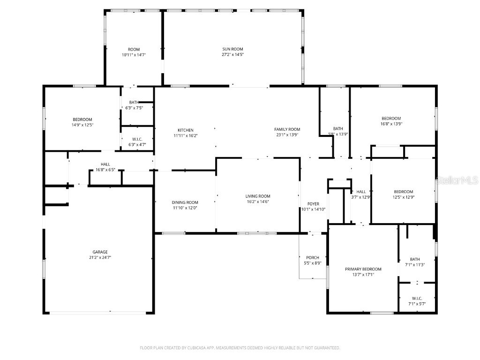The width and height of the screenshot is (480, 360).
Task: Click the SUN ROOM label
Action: (232, 49)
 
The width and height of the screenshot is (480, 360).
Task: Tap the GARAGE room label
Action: (100, 252)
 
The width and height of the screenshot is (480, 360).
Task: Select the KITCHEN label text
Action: (185, 130)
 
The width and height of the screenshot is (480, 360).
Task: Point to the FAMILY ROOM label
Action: (287, 129)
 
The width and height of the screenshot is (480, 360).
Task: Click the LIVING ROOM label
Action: (258, 196)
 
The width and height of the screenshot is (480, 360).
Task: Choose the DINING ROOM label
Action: (185, 202)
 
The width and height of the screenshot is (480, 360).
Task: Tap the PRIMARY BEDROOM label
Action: (363, 269)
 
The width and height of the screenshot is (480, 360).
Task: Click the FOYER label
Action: (313, 204)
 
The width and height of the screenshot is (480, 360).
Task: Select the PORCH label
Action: (313, 258)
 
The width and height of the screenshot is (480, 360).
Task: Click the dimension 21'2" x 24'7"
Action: (100, 257)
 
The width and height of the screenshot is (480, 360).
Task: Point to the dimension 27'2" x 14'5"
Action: (232, 55)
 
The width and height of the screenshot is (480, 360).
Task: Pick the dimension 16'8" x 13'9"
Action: (391, 124)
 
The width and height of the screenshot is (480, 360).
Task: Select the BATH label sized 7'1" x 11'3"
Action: (415, 259)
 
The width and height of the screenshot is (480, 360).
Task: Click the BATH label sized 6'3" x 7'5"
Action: (134, 103)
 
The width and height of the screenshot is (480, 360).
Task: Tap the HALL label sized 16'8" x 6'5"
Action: (105, 164)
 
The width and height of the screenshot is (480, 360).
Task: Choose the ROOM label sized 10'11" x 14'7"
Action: (134, 50)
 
